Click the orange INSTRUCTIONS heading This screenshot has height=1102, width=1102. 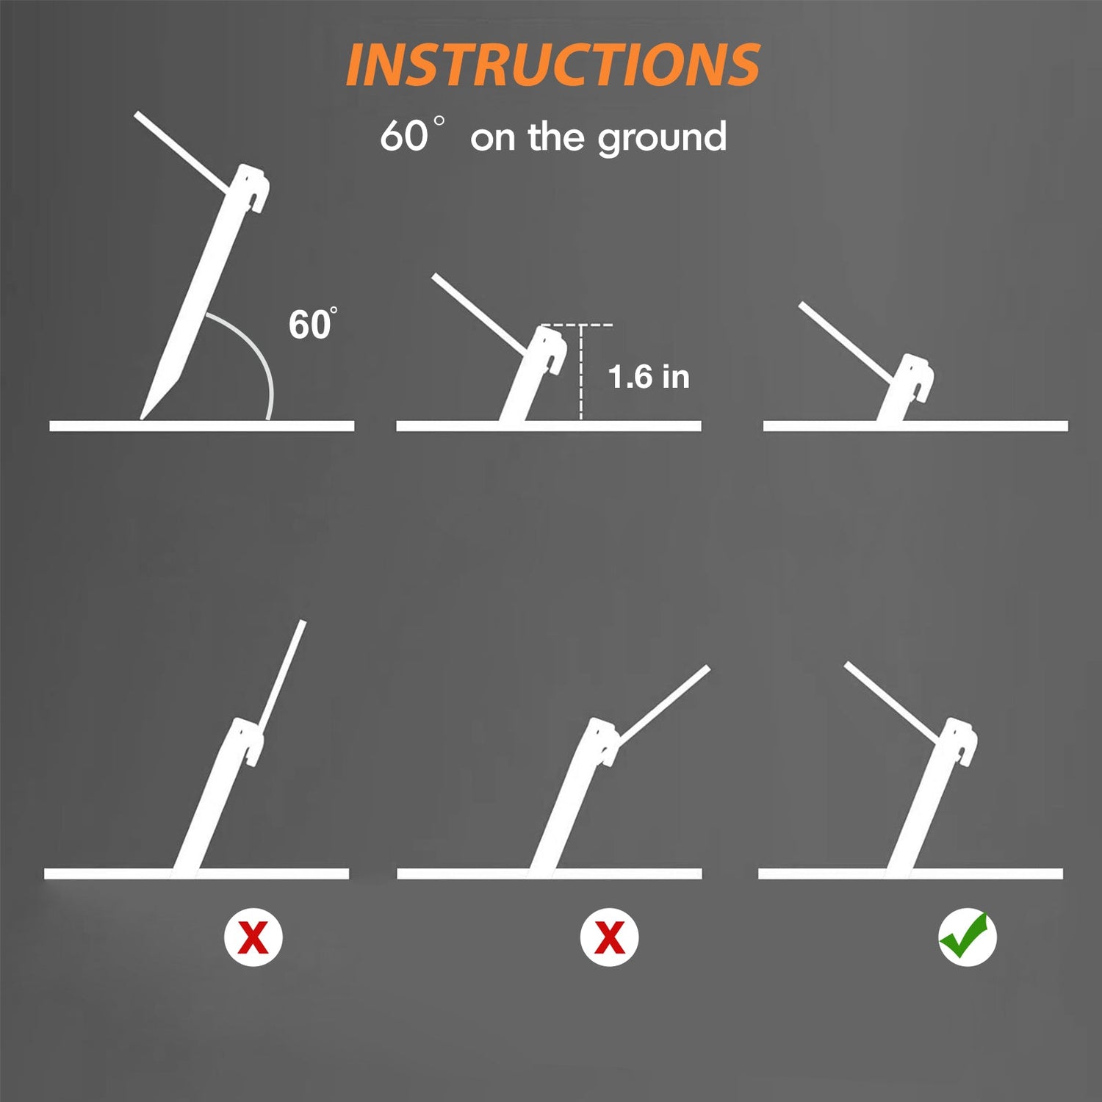coord(552,65)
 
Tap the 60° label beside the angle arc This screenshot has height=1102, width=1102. coord(313,324)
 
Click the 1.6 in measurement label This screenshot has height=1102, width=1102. coord(649,377)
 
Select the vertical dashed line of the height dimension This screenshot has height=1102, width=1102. coord(581,372)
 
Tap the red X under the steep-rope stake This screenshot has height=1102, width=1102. coord(253,937)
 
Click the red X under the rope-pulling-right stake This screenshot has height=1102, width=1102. coord(609,937)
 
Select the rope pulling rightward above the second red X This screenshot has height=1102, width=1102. coord(663,706)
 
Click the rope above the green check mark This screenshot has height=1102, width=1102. coord(894,703)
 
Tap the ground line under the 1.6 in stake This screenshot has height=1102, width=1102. coord(549,426)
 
